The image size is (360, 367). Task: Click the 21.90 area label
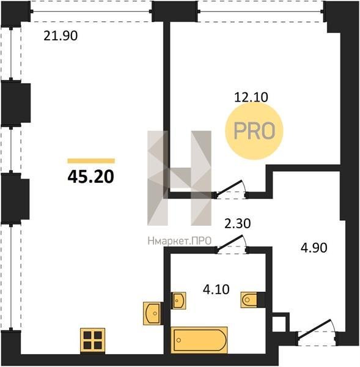click(61, 36)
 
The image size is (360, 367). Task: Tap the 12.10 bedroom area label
click(251, 97)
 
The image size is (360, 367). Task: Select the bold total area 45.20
click(90, 177)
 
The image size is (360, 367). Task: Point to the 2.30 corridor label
click(237, 223)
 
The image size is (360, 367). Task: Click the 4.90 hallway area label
click(314, 248)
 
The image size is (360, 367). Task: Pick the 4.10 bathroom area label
click(216, 289)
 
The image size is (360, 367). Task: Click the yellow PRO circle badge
click(254, 131)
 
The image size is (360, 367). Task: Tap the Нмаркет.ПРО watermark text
click(180, 241)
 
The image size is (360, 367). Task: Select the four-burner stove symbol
click(93, 341)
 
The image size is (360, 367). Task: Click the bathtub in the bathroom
click(199, 340)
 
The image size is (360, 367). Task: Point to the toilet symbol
click(249, 299)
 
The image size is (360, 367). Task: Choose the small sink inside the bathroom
click(178, 300)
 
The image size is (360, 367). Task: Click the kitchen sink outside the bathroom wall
click(153, 314)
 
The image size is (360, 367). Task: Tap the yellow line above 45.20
click(91, 161)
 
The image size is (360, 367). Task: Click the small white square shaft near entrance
click(281, 323)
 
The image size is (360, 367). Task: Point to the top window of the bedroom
click(260, 11)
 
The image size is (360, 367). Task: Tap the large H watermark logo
click(180, 178)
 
